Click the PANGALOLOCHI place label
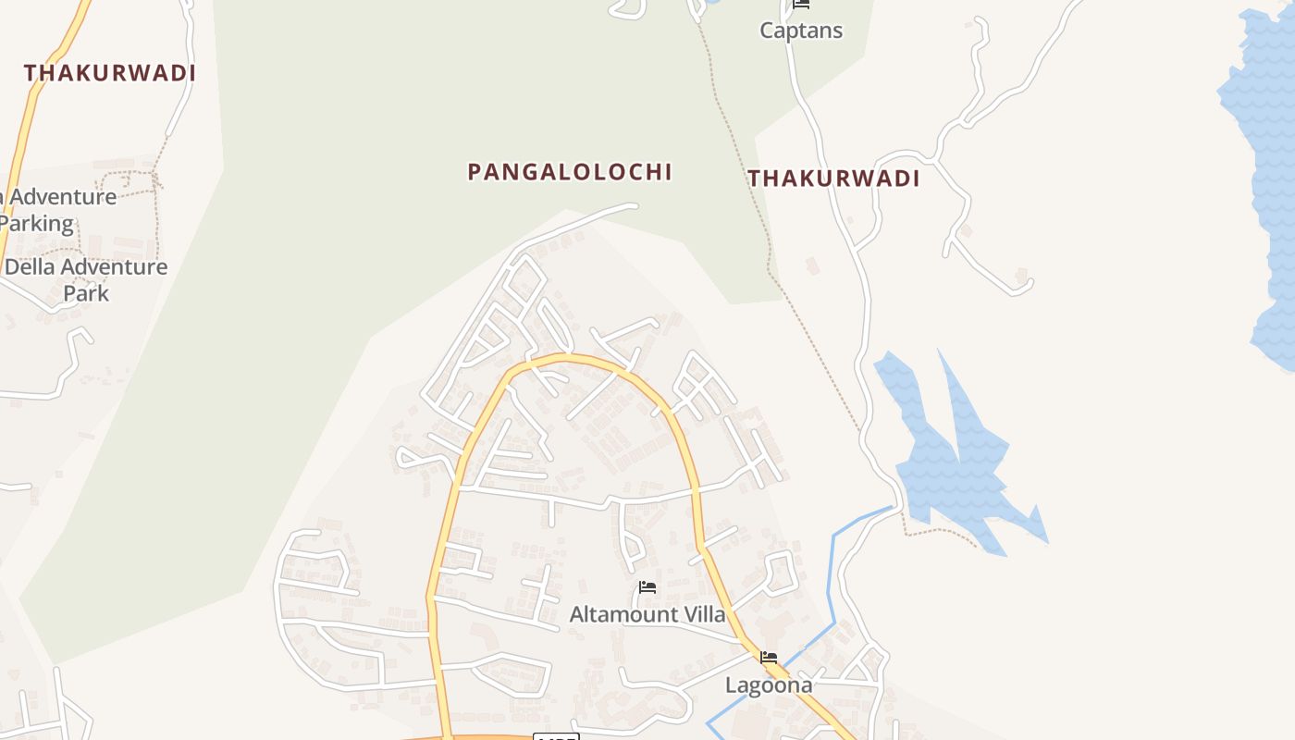pos(570,172)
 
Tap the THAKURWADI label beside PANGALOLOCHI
pos(833,179)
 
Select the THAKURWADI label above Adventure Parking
pos(110,73)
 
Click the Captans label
pos(801,31)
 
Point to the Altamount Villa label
pos(647,614)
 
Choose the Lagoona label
pos(769,685)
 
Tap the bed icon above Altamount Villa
pos(647,587)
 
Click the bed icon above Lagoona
pos(769,658)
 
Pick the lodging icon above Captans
pos(801,5)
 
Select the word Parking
pos(37,224)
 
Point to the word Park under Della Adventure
pos(86,294)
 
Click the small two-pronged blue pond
pos(953,453)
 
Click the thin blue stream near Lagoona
pos(831,592)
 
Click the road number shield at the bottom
pos(557,736)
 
